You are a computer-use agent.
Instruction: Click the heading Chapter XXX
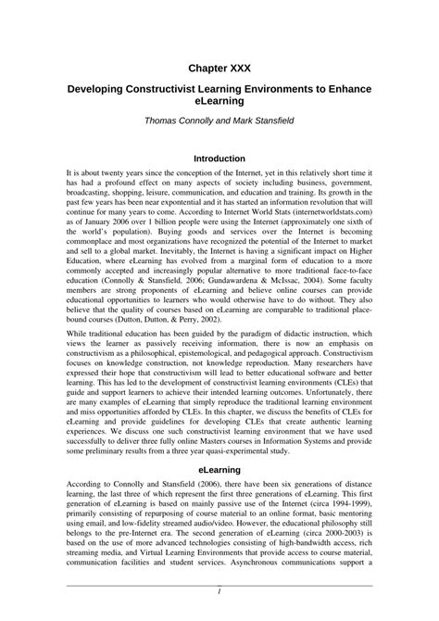[x=219, y=68]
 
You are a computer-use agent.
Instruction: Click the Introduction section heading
[x=219, y=158]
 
